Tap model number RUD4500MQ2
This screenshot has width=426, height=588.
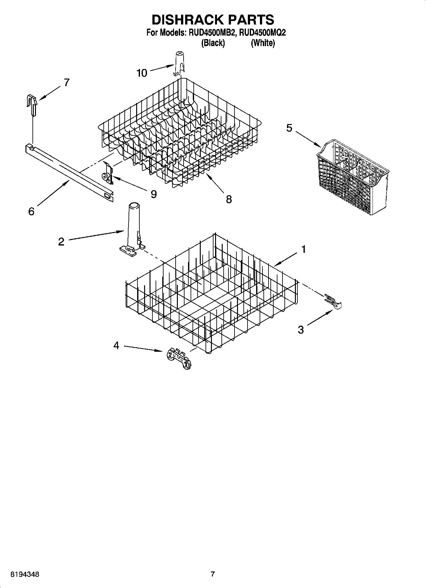(262, 33)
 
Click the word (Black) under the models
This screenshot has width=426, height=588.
(213, 43)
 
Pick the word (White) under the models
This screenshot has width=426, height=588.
(263, 43)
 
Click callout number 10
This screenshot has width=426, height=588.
(142, 73)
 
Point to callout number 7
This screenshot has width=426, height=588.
(66, 83)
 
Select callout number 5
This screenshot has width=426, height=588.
(289, 128)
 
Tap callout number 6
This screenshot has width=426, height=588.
(31, 211)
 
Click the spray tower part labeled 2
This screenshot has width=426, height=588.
(132, 229)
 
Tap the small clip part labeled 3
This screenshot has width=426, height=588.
(333, 301)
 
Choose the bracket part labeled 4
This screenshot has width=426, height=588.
(179, 358)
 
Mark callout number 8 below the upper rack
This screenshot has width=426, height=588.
(229, 199)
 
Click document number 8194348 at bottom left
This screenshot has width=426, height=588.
(25, 574)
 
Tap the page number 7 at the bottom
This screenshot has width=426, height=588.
(213, 574)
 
